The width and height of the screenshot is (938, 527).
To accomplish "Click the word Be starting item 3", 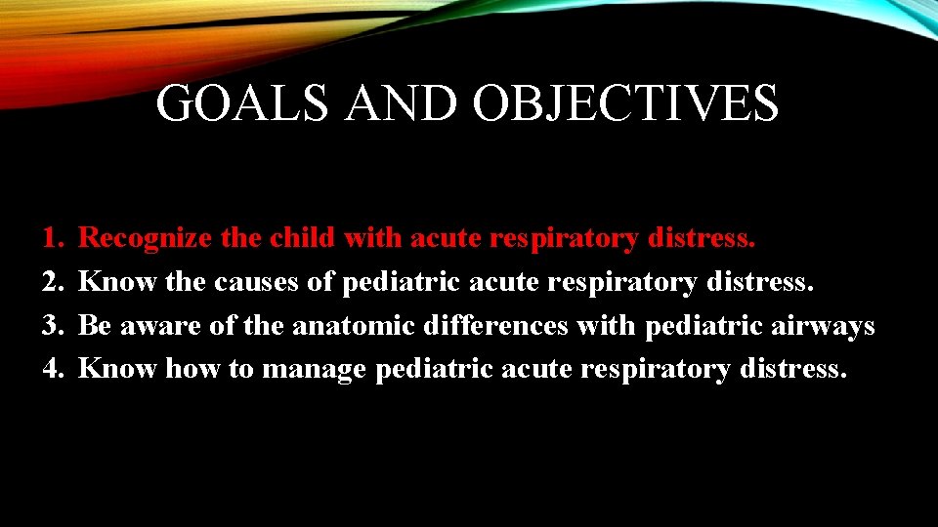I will (94, 325).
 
